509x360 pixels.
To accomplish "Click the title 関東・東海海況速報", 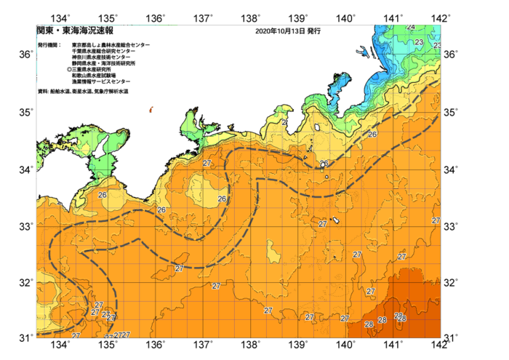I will [x=75, y=31].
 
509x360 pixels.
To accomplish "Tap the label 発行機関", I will [x=49, y=45].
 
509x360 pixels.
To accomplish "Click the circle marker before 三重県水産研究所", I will [x=69, y=70].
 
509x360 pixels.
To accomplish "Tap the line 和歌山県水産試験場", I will [x=96, y=76].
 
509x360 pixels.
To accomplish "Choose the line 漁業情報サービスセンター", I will [x=101, y=81].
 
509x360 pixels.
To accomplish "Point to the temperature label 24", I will [x=411, y=28].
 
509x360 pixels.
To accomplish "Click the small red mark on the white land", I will [x=151, y=110].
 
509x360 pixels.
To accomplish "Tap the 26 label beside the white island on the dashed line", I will [x=324, y=164].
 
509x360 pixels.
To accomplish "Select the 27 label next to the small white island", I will [x=323, y=223].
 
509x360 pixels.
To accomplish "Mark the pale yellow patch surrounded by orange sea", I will [x=273, y=252].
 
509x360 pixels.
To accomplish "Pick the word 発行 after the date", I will [x=313, y=32].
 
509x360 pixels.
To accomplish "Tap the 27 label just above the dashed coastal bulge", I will [x=207, y=163].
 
